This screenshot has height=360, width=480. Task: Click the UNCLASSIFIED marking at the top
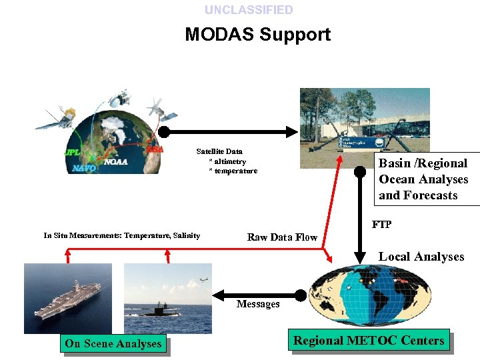pyautogui.click(x=249, y=10)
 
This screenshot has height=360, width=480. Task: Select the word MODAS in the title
pyautogui.click(x=219, y=34)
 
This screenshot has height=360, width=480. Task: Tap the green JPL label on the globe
pyautogui.click(x=72, y=152)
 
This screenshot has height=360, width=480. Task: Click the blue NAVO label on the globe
pyautogui.click(x=83, y=169)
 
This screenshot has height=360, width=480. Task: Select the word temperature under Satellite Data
pyautogui.click(x=235, y=171)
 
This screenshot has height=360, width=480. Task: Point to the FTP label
pyautogui.click(x=381, y=225)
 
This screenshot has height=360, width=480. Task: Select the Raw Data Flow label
pyautogui.click(x=282, y=237)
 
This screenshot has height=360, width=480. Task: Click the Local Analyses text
pyautogui.click(x=421, y=257)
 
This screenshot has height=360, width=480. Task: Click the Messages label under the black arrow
pyautogui.click(x=258, y=304)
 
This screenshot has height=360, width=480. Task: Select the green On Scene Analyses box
pyautogui.click(x=113, y=344)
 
